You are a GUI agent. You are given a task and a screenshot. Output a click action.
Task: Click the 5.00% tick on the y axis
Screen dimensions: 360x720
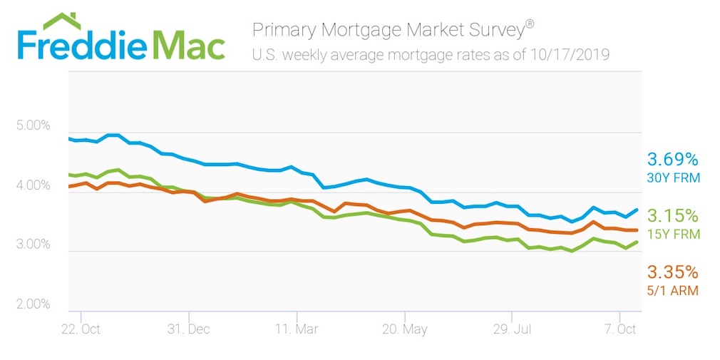(x=33, y=126)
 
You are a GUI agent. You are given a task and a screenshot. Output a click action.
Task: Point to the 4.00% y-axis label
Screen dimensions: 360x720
(x=33, y=186)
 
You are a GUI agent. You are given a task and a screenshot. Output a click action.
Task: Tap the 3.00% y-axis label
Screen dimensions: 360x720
(x=33, y=245)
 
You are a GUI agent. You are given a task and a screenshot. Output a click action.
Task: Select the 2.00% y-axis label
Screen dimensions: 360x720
(x=33, y=305)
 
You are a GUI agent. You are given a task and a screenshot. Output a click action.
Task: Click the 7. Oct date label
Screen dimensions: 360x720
(x=619, y=329)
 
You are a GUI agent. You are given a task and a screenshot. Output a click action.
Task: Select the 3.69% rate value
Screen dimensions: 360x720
(x=672, y=159)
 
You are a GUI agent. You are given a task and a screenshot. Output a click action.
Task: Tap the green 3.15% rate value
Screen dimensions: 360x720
(x=672, y=216)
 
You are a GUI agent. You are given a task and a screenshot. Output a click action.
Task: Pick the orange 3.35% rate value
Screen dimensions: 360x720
(x=672, y=272)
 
